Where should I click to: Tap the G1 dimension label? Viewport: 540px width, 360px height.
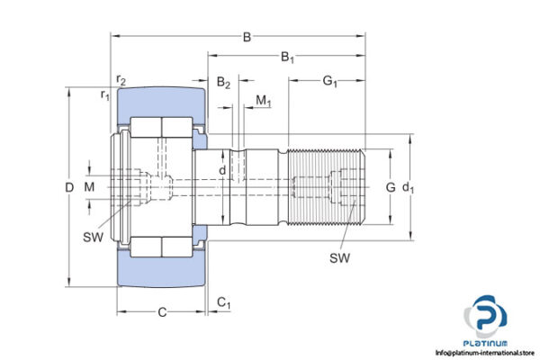click(329, 83)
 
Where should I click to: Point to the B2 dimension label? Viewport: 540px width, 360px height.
click(222, 84)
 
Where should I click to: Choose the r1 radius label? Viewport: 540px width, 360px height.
click(104, 94)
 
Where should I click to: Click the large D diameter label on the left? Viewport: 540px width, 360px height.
click(69, 187)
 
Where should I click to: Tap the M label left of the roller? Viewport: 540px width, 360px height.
click(88, 187)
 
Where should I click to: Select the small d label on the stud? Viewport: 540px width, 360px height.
click(222, 168)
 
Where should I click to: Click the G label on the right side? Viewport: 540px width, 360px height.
click(391, 187)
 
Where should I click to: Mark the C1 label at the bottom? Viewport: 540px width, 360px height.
click(224, 304)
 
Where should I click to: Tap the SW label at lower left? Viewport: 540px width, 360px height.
click(93, 237)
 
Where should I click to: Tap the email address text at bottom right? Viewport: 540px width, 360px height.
click(486, 353)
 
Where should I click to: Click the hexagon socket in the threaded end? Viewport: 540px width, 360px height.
click(343, 186)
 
